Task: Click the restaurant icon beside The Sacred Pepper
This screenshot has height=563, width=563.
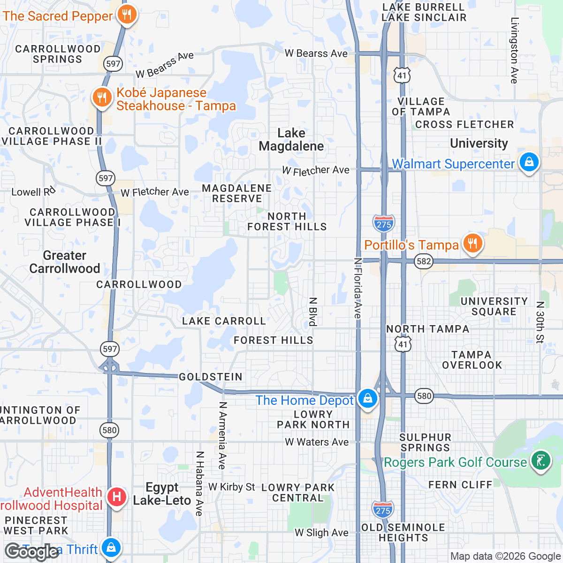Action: [126, 15]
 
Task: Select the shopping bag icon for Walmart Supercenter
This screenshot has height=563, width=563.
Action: [529, 162]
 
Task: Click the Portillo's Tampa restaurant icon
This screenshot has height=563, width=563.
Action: [472, 243]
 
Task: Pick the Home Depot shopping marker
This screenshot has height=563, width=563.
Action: [367, 399]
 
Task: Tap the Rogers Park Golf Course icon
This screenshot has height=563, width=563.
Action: [540, 461]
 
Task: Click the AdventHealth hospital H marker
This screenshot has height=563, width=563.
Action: [116, 497]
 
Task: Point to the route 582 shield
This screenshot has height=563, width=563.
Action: [424, 261]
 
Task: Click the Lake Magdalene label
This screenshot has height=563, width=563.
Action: [291, 140]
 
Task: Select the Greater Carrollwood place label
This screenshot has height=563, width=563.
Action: [65, 262]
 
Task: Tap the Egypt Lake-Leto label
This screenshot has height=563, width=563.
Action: [162, 494]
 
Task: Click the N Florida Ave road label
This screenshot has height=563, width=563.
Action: [358, 288]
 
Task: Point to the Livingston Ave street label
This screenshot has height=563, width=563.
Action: [515, 51]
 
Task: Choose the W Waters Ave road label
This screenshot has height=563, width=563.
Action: [317, 442]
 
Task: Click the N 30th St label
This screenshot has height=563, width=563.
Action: [540, 322]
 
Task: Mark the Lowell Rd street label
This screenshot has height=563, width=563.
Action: [33, 191]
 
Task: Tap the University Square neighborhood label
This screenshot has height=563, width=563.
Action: [494, 306]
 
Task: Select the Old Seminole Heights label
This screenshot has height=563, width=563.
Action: [403, 533]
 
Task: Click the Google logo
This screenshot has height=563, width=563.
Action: [32, 552]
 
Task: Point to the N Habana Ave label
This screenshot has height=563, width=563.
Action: [199, 484]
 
